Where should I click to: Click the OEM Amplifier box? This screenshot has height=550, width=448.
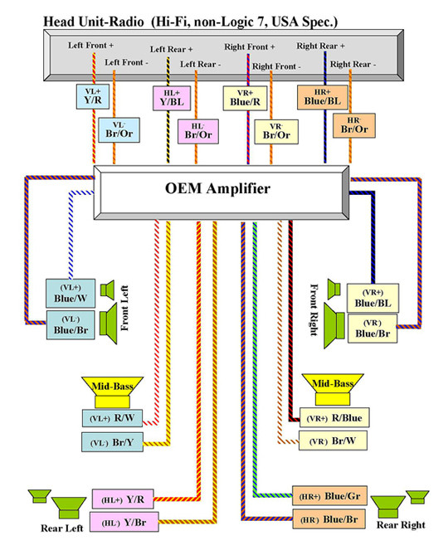[x=222, y=192]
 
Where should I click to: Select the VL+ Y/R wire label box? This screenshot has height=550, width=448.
[x=93, y=96]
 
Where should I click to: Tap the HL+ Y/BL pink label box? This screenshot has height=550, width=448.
[x=172, y=99]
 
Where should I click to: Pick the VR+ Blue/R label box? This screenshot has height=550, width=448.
[x=245, y=99]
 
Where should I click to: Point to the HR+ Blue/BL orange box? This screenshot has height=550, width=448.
[x=323, y=97]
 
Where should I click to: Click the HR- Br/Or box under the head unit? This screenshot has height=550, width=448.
[x=354, y=125]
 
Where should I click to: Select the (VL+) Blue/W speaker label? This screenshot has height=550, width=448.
[x=71, y=294]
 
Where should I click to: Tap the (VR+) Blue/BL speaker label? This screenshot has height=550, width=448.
[x=373, y=298]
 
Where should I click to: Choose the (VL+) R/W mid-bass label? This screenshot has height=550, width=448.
[x=112, y=418]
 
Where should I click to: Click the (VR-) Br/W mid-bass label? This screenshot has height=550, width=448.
[x=333, y=440]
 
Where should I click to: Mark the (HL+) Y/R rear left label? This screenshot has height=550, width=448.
[x=123, y=499]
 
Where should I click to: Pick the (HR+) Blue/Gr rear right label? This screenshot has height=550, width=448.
[x=329, y=496]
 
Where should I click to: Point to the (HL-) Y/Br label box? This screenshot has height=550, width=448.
[x=124, y=522]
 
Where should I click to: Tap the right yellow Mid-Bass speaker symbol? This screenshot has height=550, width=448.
[x=333, y=389]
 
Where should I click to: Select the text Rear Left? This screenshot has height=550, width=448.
[x=62, y=528]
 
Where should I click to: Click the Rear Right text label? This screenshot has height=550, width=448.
[x=401, y=525]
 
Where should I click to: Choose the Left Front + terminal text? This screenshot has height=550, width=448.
[x=90, y=46]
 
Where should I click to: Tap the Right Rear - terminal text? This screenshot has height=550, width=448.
[x=353, y=64]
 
